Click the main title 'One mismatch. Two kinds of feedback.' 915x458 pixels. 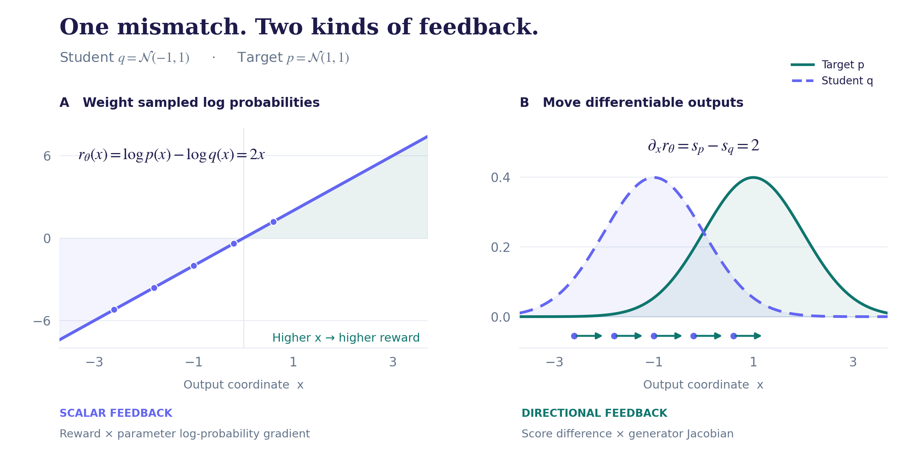click(x=299, y=27)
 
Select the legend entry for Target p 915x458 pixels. click(x=827, y=65)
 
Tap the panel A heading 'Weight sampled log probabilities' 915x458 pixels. click(x=201, y=102)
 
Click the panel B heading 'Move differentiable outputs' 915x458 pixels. click(x=643, y=102)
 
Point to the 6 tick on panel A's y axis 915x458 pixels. click(x=47, y=156)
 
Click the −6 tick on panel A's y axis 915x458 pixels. click(x=42, y=321)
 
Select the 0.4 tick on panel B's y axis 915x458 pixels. click(x=500, y=177)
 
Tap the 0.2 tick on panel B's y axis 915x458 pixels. click(x=500, y=247)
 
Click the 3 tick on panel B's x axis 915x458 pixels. click(x=853, y=362)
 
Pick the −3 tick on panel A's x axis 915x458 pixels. click(x=95, y=362)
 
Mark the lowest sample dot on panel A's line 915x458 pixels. click(x=114, y=310)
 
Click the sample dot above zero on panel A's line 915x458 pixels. click(x=273, y=222)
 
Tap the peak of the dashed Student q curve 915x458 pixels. click(x=654, y=177)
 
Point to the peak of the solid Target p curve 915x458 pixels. click(x=753, y=177)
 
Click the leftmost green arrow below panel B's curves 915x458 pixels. click(x=588, y=336)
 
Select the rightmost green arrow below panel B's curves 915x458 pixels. click(x=747, y=336)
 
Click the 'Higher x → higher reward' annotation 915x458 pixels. click(x=346, y=337)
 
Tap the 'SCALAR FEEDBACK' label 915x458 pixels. click(x=116, y=413)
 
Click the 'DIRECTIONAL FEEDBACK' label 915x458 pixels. click(x=594, y=413)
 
